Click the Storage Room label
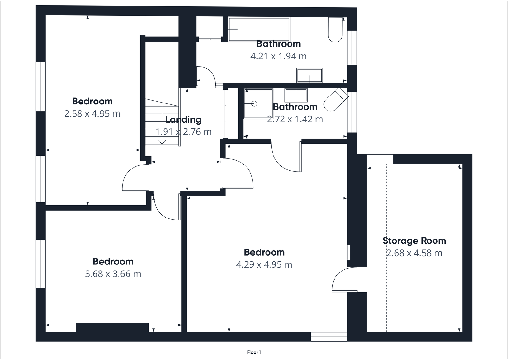[x=414, y=241]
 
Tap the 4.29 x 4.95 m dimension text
[x=264, y=264]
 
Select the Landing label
[x=183, y=119]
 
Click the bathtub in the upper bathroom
[x=259, y=29]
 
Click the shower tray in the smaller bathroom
[x=258, y=104]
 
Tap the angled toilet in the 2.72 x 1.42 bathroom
[x=335, y=100]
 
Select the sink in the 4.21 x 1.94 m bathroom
[x=310, y=76]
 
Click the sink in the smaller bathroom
[x=296, y=96]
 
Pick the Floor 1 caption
[x=254, y=352]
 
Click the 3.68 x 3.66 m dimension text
[x=113, y=274]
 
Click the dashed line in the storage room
[x=386, y=249]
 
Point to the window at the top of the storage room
[x=380, y=159]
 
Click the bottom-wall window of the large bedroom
[x=328, y=337]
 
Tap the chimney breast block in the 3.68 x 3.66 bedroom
[x=112, y=327]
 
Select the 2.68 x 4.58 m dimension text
[x=414, y=253]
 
